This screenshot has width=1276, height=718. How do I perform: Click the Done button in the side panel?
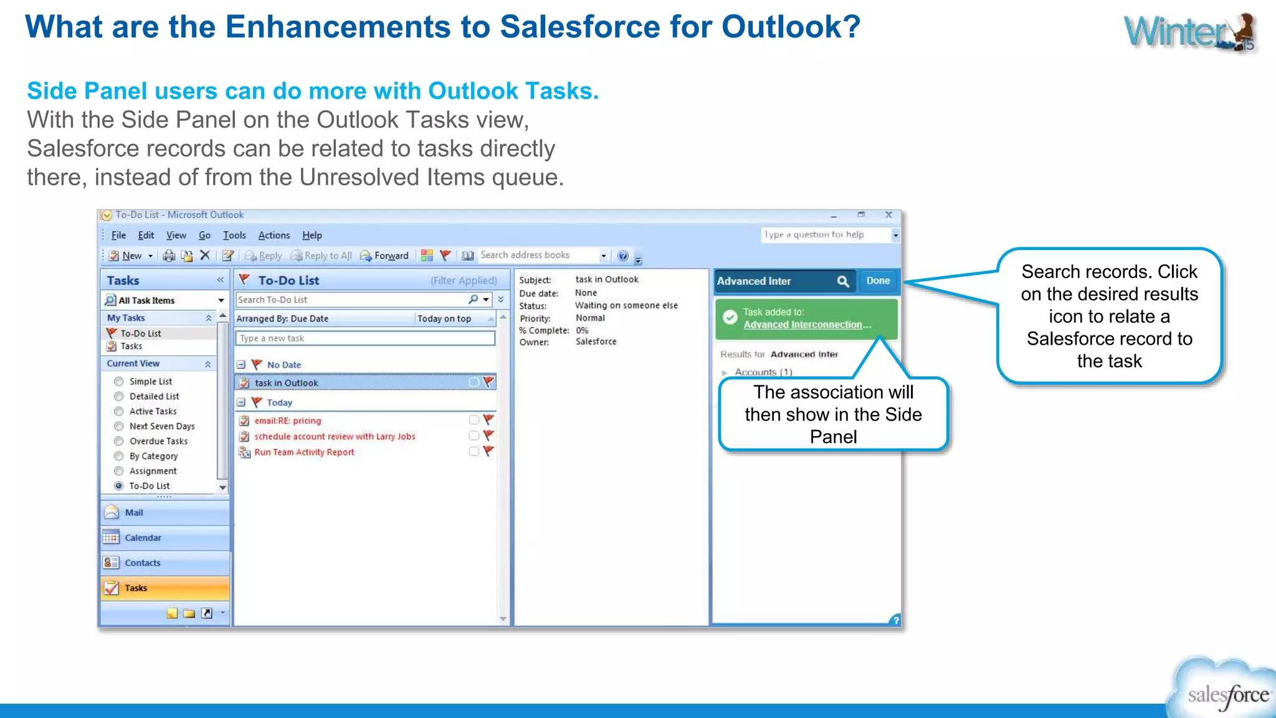point(877,281)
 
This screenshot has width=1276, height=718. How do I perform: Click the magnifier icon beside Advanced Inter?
point(842,282)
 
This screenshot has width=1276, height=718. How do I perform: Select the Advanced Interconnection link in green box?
point(806,325)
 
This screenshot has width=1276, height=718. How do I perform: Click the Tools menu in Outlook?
point(234,236)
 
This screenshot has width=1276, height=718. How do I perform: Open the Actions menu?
point(274,236)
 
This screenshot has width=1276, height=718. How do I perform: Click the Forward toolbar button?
point(384,256)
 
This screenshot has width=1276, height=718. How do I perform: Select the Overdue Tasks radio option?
point(119,441)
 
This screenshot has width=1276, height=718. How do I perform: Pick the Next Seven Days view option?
point(119,426)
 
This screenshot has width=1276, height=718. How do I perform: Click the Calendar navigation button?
point(143,538)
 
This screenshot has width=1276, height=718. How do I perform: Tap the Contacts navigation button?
point(142,563)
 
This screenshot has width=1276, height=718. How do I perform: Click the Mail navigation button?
point(134,513)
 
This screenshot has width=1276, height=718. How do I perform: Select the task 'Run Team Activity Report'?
point(304,452)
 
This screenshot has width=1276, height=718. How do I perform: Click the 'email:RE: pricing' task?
point(287,421)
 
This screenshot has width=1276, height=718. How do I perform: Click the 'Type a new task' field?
point(365,338)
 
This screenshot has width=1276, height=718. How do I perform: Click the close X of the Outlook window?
point(888,215)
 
